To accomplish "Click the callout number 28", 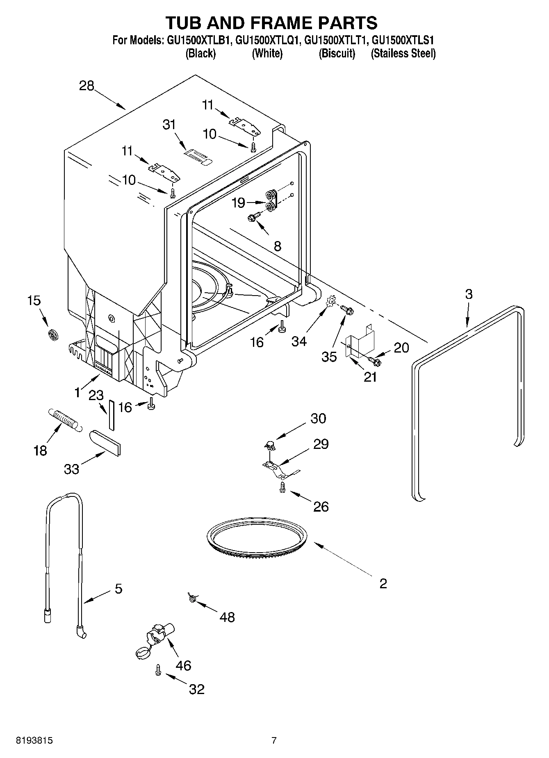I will point(87,86).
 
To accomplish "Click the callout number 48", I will point(228,617).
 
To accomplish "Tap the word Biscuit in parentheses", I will point(337,54).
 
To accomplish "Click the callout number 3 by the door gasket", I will point(469,294).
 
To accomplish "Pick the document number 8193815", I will point(34,740).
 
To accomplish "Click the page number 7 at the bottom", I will point(274,740).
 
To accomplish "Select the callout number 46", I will point(183,665).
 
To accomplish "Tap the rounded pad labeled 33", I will point(105,442).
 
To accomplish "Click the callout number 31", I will point(169,125).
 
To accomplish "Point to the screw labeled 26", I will point(282,487).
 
